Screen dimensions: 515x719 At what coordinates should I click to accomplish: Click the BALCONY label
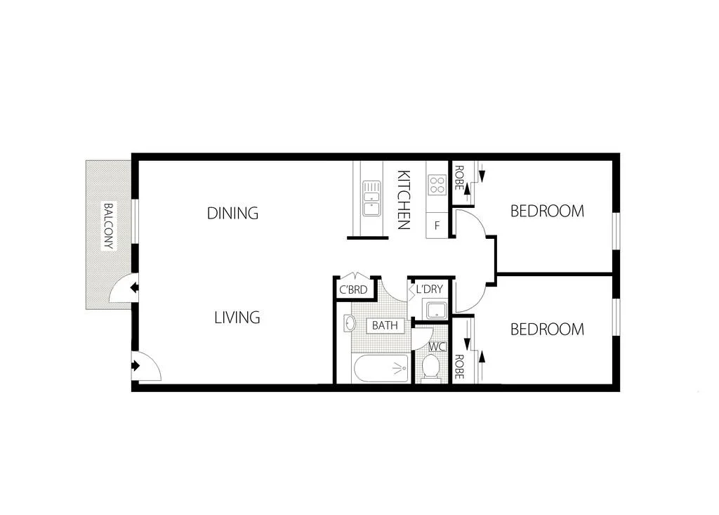[x=108, y=227]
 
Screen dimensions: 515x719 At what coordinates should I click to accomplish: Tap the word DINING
[x=232, y=213]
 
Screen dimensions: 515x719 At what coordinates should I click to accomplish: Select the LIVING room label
[x=237, y=318]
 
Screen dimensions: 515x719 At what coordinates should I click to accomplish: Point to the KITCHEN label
[x=403, y=200]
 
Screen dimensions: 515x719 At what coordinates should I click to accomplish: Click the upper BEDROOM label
[x=546, y=211]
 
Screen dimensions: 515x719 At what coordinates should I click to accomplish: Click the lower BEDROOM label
[x=546, y=330]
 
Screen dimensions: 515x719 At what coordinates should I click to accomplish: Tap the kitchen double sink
[x=371, y=198]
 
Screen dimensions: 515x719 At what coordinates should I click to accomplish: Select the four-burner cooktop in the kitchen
[x=437, y=185]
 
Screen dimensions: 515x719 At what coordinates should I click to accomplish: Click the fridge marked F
[x=437, y=226]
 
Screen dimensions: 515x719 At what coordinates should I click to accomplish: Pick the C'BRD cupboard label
[x=353, y=289]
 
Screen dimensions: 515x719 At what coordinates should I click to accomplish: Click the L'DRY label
[x=429, y=289]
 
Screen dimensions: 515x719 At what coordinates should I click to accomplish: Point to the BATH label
[x=384, y=325]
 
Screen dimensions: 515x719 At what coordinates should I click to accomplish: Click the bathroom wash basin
[x=349, y=323]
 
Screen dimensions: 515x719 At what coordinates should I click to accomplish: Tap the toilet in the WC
[x=430, y=367]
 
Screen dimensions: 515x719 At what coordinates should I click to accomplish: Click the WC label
[x=437, y=346]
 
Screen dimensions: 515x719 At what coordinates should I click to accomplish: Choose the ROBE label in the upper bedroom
[x=459, y=178]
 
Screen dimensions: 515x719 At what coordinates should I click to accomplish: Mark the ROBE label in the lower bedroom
[x=459, y=366]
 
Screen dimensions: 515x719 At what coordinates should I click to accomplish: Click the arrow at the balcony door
[x=134, y=287]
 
